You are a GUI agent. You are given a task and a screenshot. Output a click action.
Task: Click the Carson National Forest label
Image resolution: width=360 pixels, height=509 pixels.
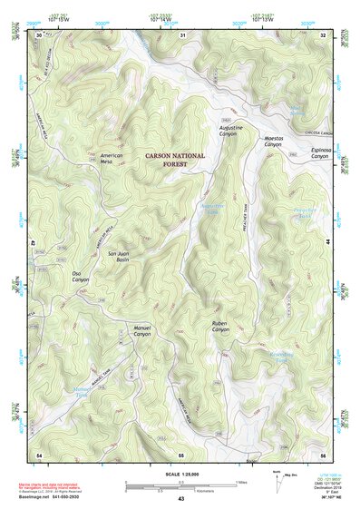point(176,161)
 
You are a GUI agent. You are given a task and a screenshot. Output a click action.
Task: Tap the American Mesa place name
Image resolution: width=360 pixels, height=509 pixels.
point(112,160)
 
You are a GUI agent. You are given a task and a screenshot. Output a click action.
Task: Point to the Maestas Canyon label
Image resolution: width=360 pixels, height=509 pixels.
point(273,141)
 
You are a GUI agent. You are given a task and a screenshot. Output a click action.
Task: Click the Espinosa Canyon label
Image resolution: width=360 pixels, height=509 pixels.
point(320,152)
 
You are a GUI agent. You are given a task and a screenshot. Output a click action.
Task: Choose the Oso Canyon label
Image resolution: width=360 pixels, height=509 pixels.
point(83,276)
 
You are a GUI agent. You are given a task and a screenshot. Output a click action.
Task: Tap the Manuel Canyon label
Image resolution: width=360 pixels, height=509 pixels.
point(141,330)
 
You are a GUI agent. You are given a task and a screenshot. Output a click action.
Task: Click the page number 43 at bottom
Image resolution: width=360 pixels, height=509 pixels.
point(181,499)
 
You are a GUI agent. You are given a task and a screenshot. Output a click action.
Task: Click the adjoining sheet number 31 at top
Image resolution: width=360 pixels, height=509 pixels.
point(182,35)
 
